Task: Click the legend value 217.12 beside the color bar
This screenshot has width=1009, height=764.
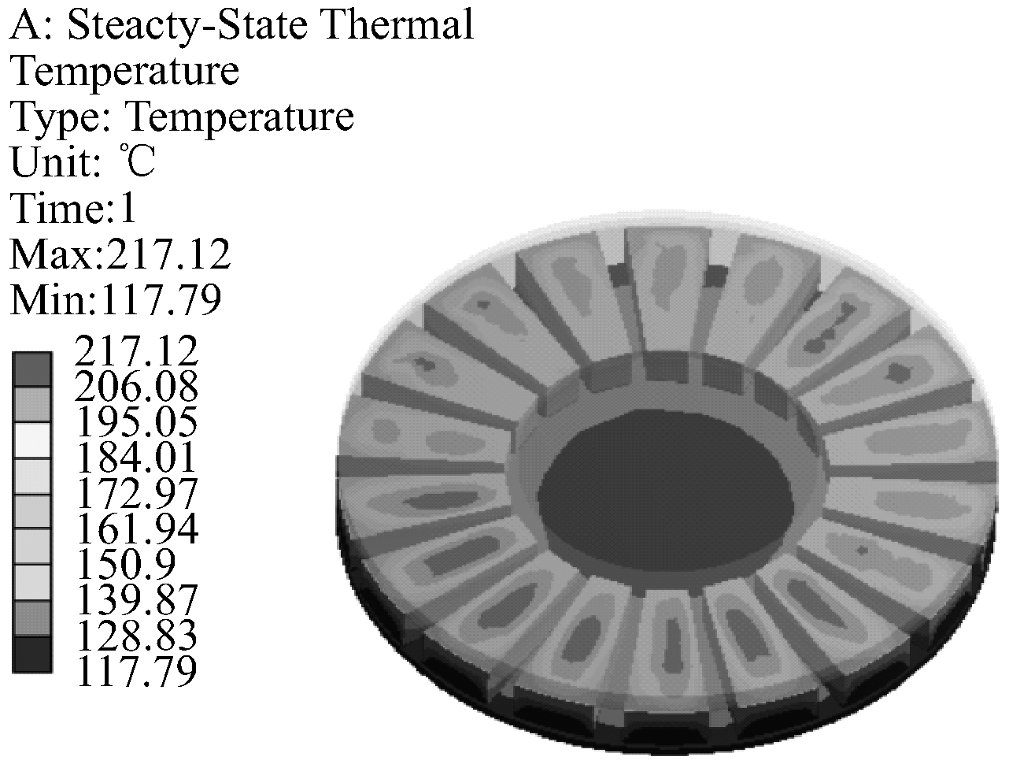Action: pyautogui.click(x=136, y=351)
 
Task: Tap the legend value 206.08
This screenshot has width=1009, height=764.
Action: pyautogui.click(x=136, y=387)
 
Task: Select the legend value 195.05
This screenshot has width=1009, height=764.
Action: pyautogui.click(x=136, y=422)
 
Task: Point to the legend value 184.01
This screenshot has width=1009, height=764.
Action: pyautogui.click(x=136, y=457)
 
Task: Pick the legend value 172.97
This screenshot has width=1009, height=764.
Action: pyautogui.click(x=136, y=492)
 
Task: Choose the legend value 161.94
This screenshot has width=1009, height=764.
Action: pyautogui.click(x=136, y=528)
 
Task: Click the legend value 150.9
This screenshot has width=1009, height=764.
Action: pyautogui.click(x=125, y=563)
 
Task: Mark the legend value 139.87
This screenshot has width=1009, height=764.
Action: pyautogui.click(x=136, y=599)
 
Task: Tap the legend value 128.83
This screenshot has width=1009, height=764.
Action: pyautogui.click(x=136, y=634)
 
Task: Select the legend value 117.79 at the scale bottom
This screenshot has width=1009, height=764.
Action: pyautogui.click(x=136, y=669)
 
